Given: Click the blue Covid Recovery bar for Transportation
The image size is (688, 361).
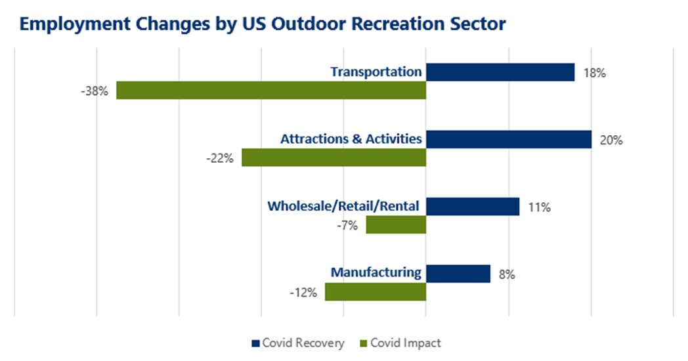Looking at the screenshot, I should pos(500,72).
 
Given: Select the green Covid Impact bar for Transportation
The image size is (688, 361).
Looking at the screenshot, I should pos(271,91).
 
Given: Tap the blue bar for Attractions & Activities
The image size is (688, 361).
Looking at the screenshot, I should pos(509,139).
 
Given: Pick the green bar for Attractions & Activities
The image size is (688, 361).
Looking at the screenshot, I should pos(333,158).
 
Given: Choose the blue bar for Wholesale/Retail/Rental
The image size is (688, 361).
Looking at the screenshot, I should pos(473,207).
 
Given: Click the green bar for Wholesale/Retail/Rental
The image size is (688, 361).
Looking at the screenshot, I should pos(396,225).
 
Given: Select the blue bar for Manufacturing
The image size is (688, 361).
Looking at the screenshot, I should pos(458,274).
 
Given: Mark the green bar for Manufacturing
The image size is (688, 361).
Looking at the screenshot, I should pos(376,292).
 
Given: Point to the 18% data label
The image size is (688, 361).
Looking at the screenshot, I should pos(594,74).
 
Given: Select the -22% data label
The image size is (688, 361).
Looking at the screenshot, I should pos(219,158).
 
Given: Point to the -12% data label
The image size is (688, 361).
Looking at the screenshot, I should pos(303,293).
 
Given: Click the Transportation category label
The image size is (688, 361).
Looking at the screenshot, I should pos(376,72).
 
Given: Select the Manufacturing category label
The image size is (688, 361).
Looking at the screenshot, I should pos(376,272).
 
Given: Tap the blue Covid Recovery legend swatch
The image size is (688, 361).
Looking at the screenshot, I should pos(255,343).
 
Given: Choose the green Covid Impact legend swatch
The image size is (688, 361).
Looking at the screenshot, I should pos(364,343).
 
